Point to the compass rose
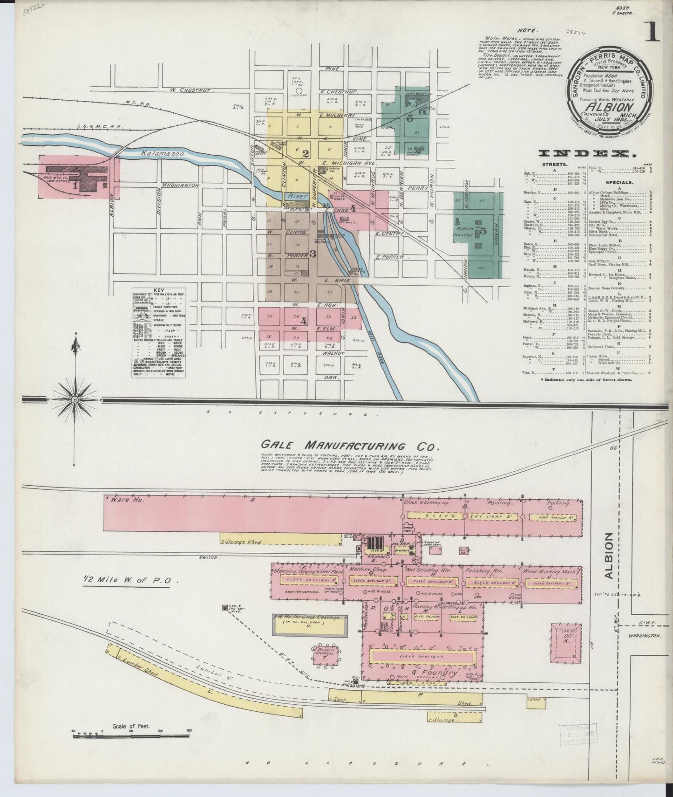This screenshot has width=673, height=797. point(75,400)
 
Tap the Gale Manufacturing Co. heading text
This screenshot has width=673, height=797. point(350,445)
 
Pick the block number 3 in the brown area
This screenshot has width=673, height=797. point(313,254)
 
